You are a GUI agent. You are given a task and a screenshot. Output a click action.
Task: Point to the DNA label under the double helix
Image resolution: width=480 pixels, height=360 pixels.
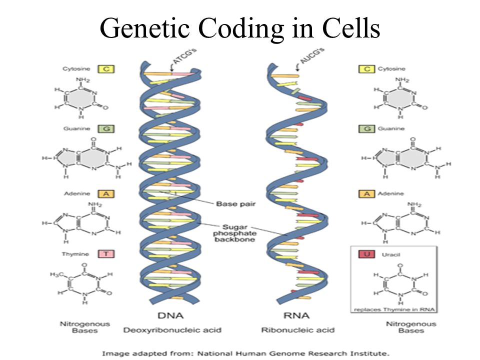tap(170, 316)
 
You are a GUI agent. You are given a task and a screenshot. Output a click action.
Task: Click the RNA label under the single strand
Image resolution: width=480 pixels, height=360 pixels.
tap(296, 316)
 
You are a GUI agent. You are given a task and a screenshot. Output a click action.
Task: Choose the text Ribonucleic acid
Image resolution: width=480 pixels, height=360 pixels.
tap(293, 330)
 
